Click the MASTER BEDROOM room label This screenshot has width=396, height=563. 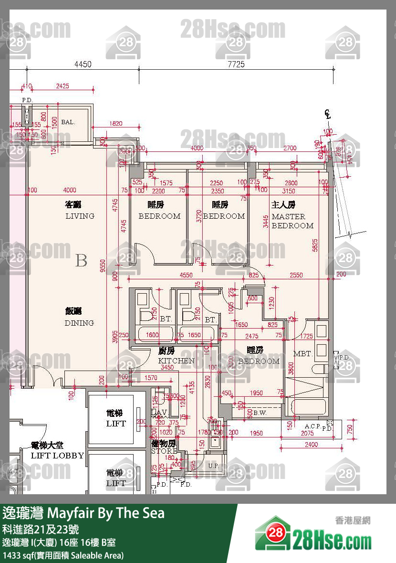click(x=292, y=221)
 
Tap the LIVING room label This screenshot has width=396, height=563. click(x=80, y=216)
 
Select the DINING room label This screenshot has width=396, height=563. click(x=79, y=323)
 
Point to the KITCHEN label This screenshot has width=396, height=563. click(x=176, y=361)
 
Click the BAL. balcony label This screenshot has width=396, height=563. click(x=68, y=122)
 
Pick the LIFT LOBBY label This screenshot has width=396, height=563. click(x=57, y=456)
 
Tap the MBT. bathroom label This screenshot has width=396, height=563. click(x=302, y=354)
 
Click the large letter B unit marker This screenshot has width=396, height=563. click(x=82, y=261)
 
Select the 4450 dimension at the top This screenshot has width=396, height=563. click(x=83, y=64)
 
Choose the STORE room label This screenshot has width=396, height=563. click(x=164, y=451)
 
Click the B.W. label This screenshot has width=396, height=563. click(x=260, y=413)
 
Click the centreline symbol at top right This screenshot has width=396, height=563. click(x=327, y=114)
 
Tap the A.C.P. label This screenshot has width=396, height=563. click(x=313, y=425)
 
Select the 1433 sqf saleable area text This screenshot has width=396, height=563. click(x=63, y=555)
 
